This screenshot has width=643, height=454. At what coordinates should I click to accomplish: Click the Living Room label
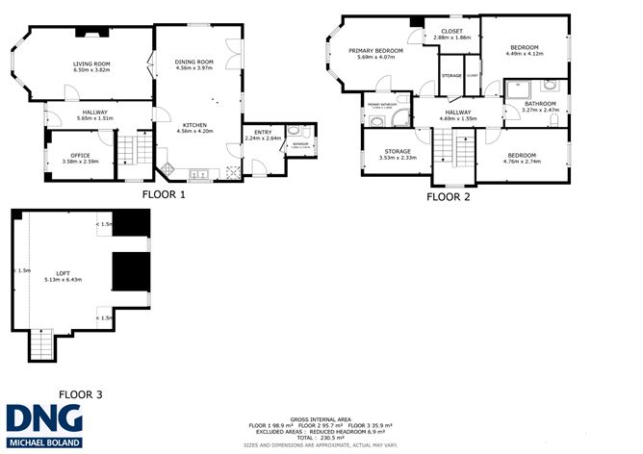point(94,63)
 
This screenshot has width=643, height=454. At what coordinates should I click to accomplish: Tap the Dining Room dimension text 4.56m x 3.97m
point(193,68)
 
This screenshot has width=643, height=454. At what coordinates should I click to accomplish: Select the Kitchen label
point(193,124)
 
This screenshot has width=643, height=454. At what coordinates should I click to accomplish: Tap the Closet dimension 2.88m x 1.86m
point(451,38)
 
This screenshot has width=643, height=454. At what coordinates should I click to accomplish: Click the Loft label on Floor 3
point(64,274)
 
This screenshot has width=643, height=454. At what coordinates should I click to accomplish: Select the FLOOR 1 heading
point(164,193)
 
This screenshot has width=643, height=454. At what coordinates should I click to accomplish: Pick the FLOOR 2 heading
point(448,196)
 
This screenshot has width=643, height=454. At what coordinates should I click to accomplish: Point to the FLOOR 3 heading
point(82,393)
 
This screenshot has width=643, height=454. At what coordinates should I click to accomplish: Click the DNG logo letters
point(43,416)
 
